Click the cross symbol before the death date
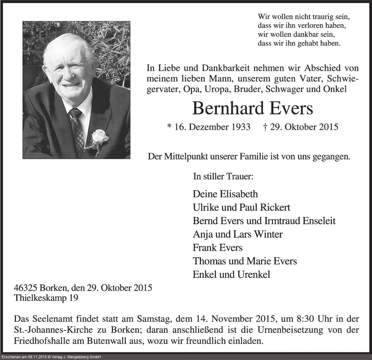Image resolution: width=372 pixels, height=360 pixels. [x=265, y=127]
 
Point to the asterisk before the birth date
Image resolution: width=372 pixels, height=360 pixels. [x=169, y=127]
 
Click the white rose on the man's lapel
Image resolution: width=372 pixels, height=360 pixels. [x=100, y=137]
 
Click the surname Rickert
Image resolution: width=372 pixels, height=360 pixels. [x=274, y=207]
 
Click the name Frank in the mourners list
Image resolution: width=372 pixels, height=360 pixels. [x=204, y=248]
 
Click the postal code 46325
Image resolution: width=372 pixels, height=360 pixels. [x=26, y=288]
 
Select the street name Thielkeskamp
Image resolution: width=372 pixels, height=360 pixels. [x=38, y=297]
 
